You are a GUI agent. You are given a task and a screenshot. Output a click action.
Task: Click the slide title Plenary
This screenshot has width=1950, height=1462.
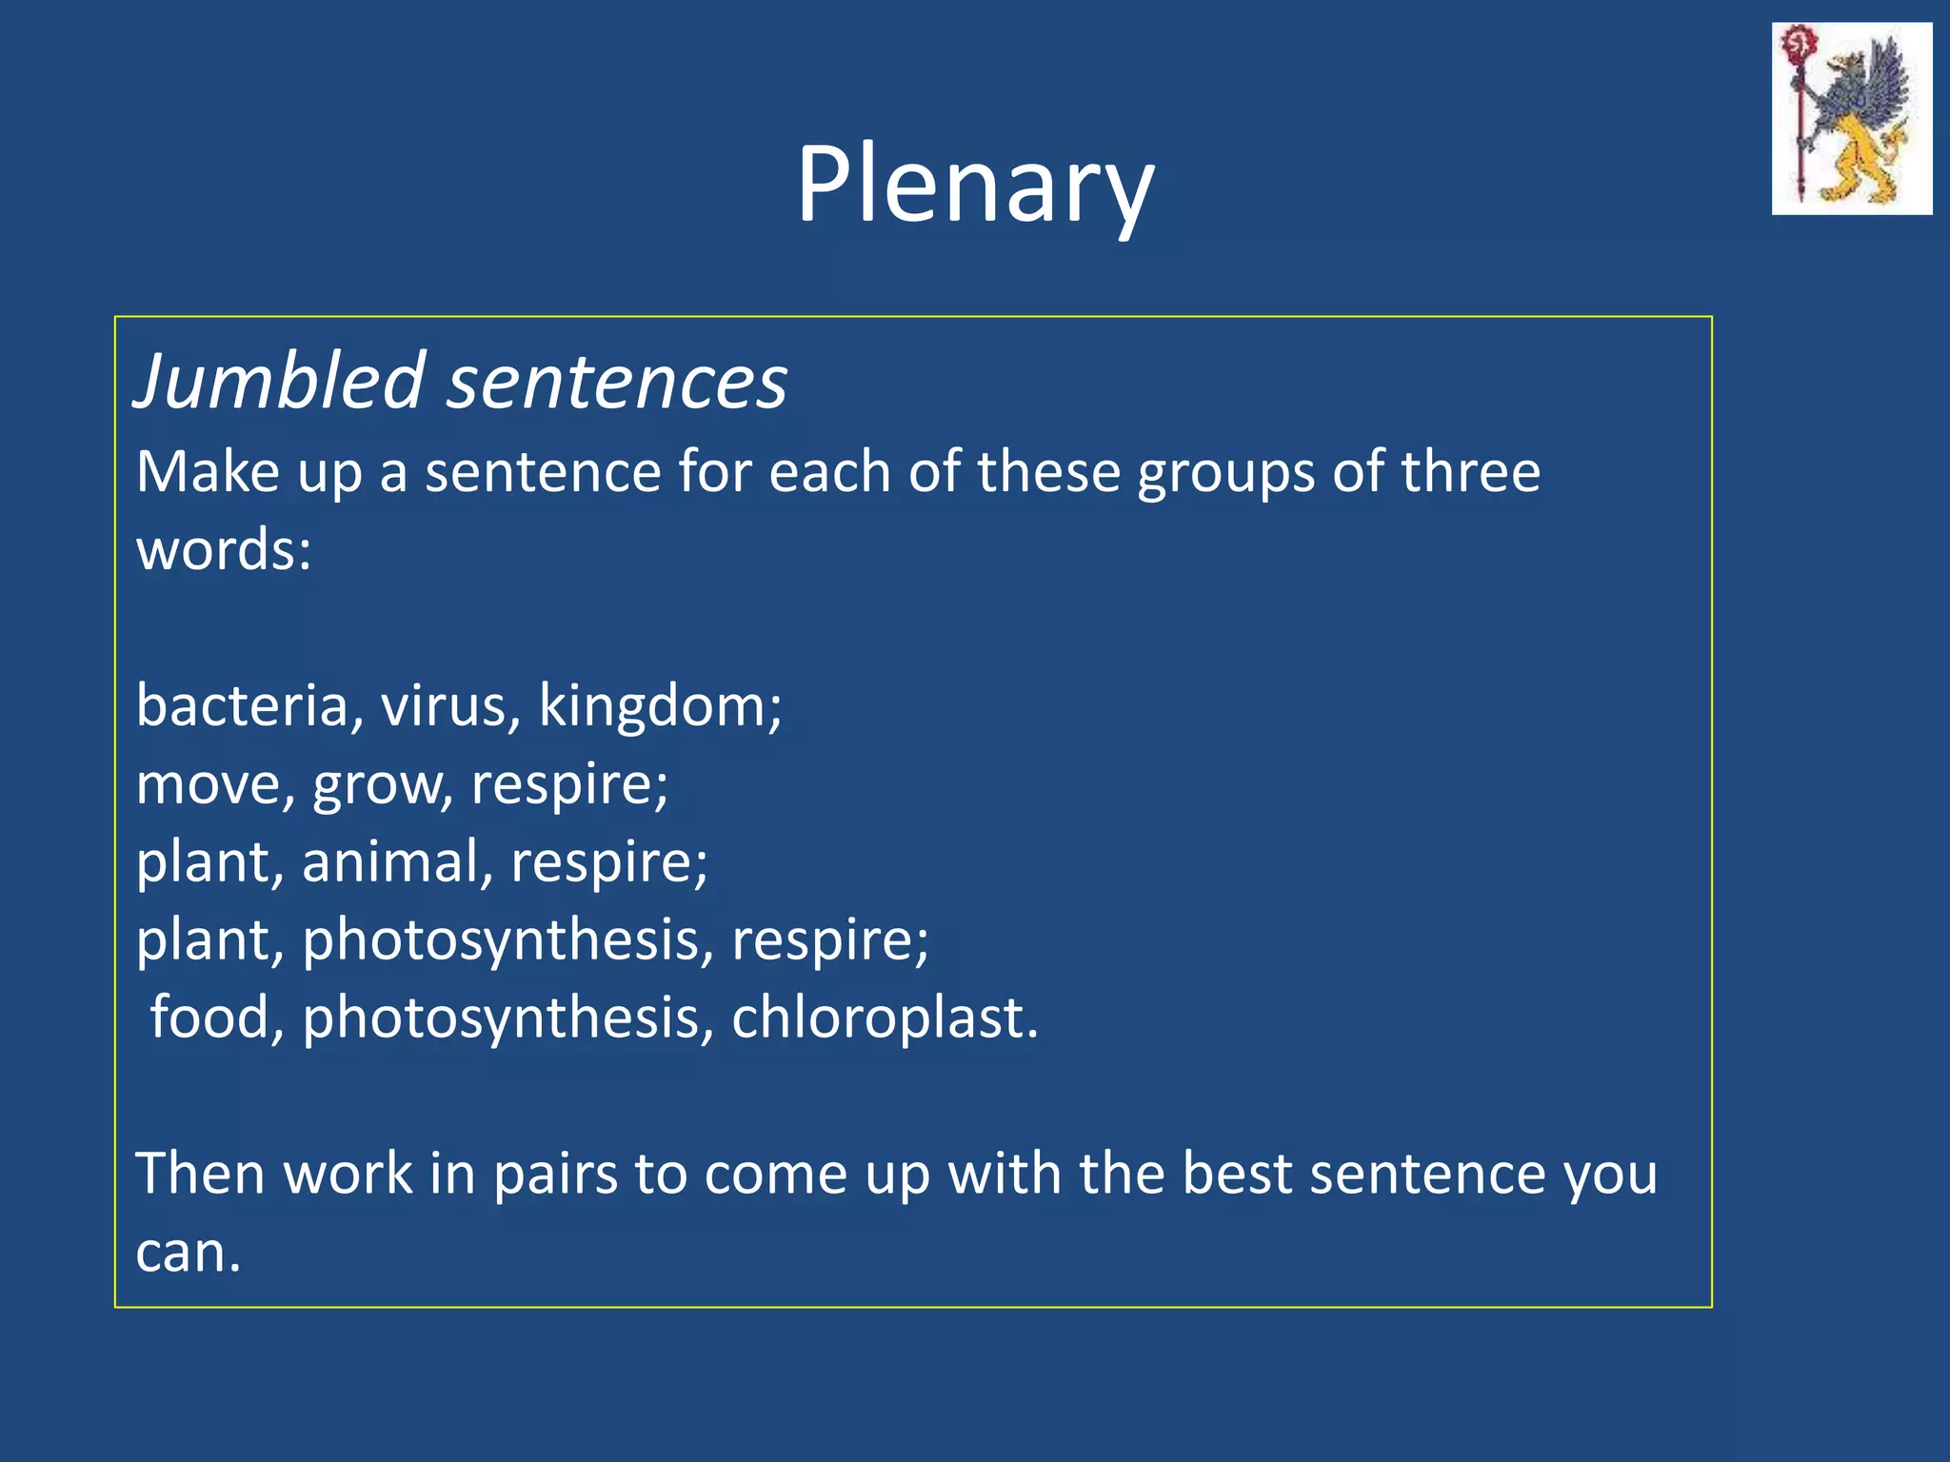tap(975, 186)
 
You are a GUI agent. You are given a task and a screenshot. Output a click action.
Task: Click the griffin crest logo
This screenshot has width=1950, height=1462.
tap(1851, 118)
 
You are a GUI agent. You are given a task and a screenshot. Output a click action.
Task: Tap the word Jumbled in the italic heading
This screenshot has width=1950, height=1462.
tap(279, 383)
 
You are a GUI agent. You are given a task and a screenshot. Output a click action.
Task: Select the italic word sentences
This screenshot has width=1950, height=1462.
tap(617, 383)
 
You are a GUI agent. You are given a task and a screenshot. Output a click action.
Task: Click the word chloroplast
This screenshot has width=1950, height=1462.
tap(884, 1018)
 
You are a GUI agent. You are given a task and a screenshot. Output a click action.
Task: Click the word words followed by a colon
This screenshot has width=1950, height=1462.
tap(223, 550)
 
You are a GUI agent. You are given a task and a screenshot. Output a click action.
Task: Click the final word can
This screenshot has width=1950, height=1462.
tap(187, 1253)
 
